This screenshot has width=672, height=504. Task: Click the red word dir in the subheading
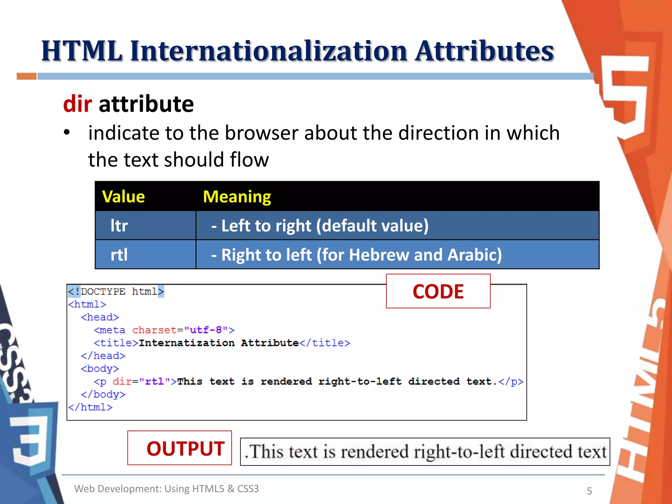(x=77, y=104)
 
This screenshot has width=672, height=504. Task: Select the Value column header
(x=123, y=197)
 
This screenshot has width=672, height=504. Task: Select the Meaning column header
(x=237, y=197)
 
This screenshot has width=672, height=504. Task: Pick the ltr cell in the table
(x=119, y=226)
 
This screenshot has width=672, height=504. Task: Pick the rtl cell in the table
(x=119, y=255)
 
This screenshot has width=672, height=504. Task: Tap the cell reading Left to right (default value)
(x=320, y=226)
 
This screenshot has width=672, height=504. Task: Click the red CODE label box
(x=438, y=291)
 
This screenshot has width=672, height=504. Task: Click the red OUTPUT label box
(x=179, y=448)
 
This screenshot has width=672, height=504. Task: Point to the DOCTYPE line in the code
(x=116, y=291)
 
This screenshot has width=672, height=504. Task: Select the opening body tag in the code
(x=100, y=368)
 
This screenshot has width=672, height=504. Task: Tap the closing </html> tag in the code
(x=90, y=407)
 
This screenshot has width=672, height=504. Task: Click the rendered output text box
(x=425, y=451)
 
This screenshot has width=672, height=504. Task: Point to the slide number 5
(x=589, y=491)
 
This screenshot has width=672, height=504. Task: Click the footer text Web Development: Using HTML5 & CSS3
(x=166, y=489)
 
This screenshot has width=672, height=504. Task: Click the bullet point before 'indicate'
(x=67, y=133)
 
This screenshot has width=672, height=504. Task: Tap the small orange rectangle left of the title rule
(x=27, y=76)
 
